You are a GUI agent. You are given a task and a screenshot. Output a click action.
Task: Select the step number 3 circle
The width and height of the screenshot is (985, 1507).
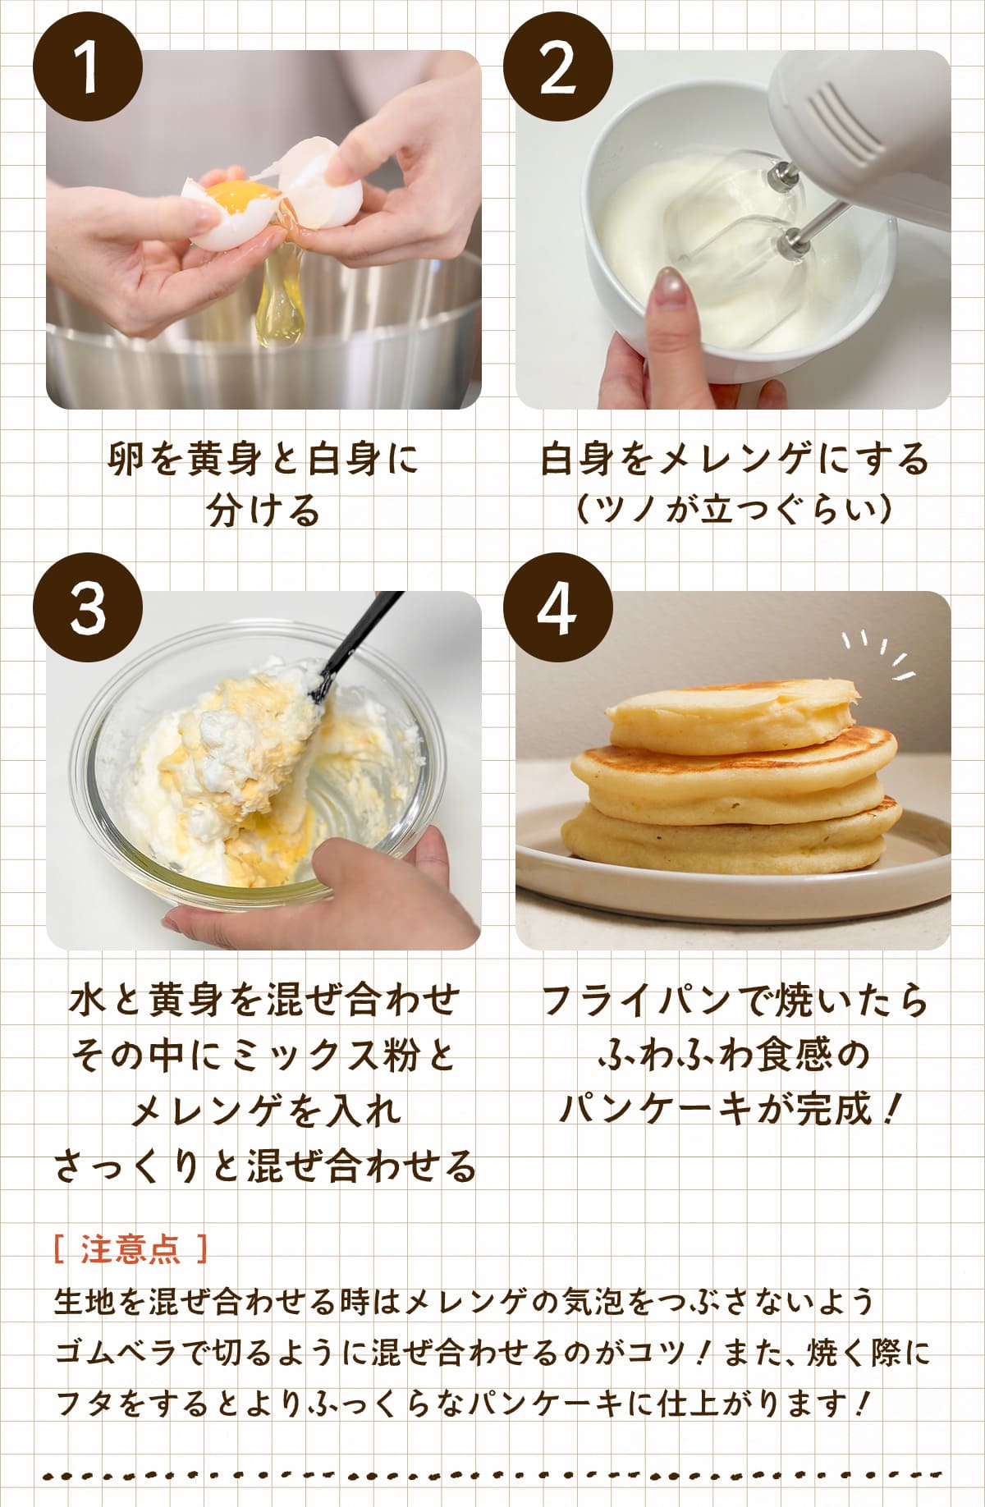pyautogui.click(x=88, y=608)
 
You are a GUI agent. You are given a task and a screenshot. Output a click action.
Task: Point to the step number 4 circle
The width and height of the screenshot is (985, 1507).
pyautogui.click(x=558, y=608)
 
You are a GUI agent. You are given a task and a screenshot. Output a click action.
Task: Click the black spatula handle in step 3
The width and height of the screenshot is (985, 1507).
pyautogui.click(x=357, y=644)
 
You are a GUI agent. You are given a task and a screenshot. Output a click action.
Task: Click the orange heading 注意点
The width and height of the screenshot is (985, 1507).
pyautogui.click(x=131, y=1250)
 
